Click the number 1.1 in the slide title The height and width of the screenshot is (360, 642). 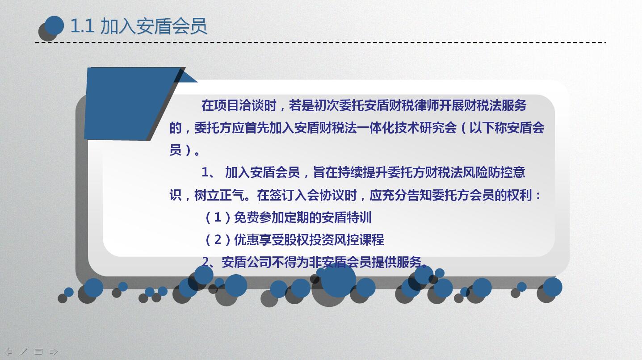(x=82, y=26)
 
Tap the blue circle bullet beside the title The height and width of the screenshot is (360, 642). (x=54, y=25)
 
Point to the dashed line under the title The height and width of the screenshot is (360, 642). (x=320, y=42)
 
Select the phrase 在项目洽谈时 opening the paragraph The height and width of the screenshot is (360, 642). (x=239, y=105)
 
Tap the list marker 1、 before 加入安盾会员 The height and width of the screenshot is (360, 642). (x=208, y=172)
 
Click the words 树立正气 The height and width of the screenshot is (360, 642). (x=219, y=195)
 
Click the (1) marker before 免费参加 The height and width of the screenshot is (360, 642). (x=218, y=218)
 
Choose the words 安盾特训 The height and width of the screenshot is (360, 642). (x=347, y=218)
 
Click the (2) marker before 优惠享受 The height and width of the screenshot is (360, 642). (x=218, y=240)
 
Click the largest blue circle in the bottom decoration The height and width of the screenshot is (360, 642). (x=339, y=280)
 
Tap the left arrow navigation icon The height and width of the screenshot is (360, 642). (x=8, y=352)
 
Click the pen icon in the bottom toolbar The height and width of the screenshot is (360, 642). (x=23, y=352)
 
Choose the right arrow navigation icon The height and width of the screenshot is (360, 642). (x=54, y=352)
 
